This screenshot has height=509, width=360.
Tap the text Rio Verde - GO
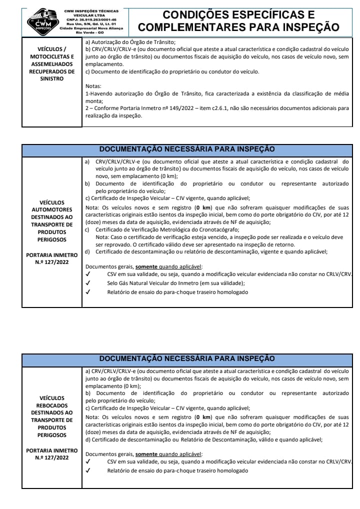87,32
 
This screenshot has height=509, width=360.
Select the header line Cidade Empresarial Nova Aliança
87,28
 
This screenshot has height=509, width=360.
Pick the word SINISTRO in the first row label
52,78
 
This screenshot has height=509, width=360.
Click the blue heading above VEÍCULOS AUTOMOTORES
187,149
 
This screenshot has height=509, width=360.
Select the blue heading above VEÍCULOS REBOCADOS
187,358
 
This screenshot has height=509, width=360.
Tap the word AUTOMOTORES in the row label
52,209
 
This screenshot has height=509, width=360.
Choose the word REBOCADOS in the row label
52,405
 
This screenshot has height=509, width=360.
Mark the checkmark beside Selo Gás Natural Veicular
88,283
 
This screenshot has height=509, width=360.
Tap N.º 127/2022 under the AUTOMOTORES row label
52,262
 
